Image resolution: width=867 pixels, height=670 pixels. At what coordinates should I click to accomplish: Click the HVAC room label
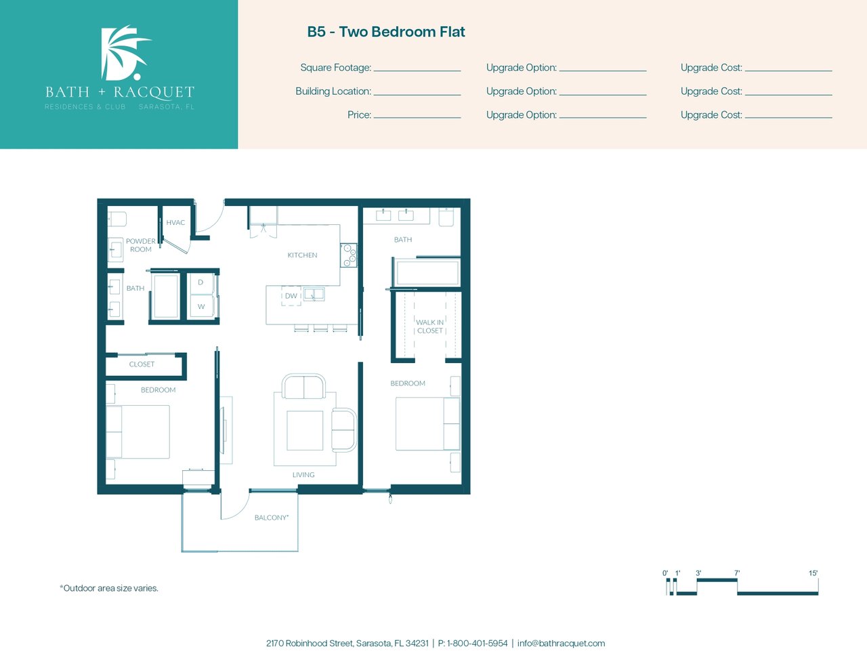[175, 223]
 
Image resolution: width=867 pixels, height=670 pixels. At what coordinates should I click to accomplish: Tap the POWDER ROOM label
[141, 245]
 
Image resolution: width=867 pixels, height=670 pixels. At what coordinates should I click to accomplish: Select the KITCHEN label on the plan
[302, 255]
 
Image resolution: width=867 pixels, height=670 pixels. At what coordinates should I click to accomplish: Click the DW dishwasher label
[291, 295]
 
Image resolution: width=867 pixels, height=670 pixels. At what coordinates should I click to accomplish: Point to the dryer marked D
[200, 282]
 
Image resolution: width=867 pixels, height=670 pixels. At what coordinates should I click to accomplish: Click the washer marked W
[201, 306]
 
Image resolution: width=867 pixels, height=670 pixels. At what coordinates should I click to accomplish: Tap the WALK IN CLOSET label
[429, 327]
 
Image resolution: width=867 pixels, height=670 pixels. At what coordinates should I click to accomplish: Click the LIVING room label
[303, 475]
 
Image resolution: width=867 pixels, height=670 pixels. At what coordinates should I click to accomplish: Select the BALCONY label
[272, 518]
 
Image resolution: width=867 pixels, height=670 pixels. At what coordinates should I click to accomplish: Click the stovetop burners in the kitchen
[349, 255]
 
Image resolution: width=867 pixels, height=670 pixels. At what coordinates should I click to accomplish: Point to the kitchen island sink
[314, 295]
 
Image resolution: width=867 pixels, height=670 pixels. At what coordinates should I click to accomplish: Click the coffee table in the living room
[305, 431]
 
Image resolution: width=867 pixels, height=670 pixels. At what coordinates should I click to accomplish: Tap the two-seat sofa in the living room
[303, 386]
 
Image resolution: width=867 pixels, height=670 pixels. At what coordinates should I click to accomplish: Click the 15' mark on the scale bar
[813, 573]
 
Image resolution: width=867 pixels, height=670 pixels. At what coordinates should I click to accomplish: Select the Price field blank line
[417, 118]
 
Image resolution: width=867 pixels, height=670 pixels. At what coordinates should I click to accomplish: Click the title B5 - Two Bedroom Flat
[386, 32]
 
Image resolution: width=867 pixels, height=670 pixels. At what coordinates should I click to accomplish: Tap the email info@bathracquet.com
[561, 644]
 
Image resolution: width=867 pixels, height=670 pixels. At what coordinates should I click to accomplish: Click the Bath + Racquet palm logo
[124, 53]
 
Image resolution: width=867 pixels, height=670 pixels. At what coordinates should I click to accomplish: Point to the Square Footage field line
[417, 70]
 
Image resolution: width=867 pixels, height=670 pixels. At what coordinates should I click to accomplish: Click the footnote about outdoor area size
[109, 588]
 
